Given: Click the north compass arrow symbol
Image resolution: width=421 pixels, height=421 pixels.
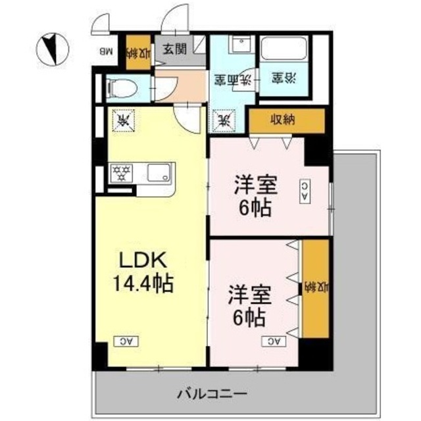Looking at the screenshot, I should (x=50, y=46).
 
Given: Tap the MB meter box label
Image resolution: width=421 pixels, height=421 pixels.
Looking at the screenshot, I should (x=107, y=50).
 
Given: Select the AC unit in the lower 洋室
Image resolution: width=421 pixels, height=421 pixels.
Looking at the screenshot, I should (x=275, y=341).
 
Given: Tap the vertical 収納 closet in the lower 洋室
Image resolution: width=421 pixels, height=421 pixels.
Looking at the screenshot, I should (x=315, y=288).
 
